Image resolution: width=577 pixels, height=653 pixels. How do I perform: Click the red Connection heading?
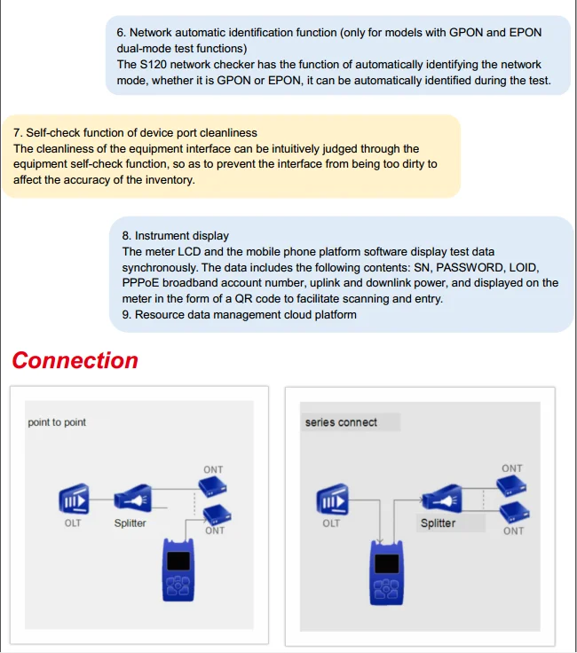75,361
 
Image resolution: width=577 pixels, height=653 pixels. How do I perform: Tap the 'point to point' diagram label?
57,422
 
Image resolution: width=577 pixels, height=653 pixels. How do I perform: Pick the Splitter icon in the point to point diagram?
130,498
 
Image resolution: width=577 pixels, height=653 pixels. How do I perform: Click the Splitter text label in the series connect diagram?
438,523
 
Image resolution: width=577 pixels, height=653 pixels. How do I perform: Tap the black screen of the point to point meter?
180,561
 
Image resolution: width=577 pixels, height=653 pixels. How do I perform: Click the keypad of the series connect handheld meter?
385,590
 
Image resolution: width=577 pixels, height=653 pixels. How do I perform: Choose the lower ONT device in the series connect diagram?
514,512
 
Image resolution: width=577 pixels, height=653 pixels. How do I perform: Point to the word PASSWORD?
474,267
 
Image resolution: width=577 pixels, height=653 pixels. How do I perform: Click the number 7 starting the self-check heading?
16,133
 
